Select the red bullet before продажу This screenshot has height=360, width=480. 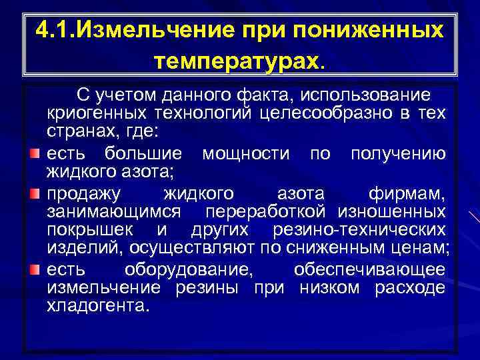click(34, 194)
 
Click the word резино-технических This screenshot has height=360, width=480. click(359, 230)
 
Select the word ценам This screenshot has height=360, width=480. click(424, 249)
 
